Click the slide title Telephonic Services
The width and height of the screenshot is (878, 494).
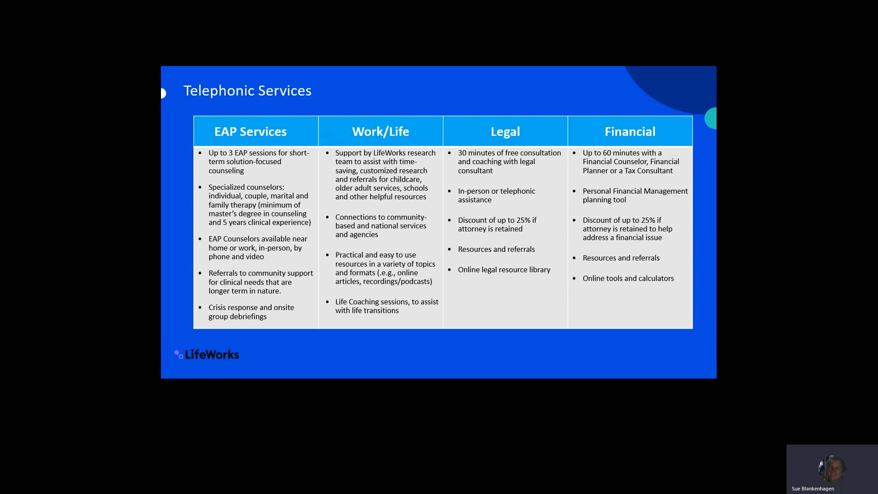click(247, 91)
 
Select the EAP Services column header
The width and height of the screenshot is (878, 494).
click(250, 132)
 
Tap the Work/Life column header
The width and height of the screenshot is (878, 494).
click(380, 132)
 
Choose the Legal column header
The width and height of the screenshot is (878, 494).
click(505, 132)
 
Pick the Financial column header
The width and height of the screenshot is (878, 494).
click(630, 132)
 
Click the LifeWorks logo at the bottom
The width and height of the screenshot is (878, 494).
click(207, 354)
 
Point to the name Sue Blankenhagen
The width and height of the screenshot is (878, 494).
click(813, 489)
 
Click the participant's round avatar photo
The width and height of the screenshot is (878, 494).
click(831, 468)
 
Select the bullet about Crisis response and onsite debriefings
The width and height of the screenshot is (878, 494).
click(251, 312)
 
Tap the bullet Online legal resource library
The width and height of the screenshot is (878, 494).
click(504, 270)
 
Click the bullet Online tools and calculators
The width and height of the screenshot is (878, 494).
click(628, 278)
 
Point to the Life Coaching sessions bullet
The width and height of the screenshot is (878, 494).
click(386, 306)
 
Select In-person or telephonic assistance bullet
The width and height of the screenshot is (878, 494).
click(496, 195)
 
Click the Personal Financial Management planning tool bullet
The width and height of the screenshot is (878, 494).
click(635, 195)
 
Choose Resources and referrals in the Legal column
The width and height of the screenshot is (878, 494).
click(496, 249)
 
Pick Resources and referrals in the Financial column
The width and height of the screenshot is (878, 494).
click(621, 258)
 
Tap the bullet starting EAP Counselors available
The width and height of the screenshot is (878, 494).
click(258, 247)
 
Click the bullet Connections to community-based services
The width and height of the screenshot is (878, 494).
click(380, 226)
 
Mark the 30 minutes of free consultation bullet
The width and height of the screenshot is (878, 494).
click(509, 161)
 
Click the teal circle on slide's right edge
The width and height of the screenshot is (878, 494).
click(711, 118)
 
